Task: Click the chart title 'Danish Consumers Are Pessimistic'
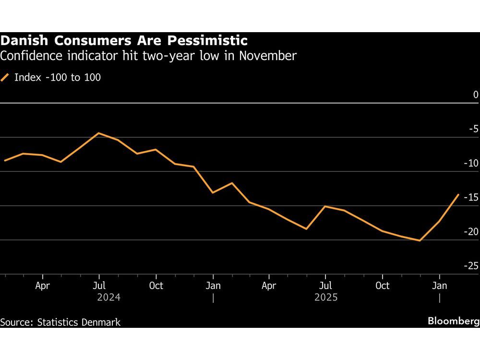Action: click(124, 40)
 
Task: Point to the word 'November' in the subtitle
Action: click(268, 56)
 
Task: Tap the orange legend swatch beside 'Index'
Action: click(6, 77)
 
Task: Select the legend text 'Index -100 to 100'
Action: click(58, 77)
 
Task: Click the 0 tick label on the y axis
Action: click(476, 95)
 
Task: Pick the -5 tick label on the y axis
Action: click(474, 129)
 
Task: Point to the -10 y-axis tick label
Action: click(472, 163)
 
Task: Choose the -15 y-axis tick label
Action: click(472, 197)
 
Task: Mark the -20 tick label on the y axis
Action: click(472, 232)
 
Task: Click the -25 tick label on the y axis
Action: click(472, 266)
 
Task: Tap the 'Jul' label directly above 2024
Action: click(99, 286)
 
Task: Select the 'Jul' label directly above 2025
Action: click(325, 286)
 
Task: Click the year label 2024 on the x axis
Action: click(108, 298)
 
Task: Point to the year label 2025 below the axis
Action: click(326, 298)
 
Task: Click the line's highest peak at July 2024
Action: click(99, 133)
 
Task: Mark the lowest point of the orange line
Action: click(420, 240)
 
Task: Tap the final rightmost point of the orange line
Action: click(458, 194)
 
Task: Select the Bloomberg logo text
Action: click(453, 321)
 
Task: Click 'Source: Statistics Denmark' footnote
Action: click(60, 322)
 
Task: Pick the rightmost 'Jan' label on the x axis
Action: click(440, 286)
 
